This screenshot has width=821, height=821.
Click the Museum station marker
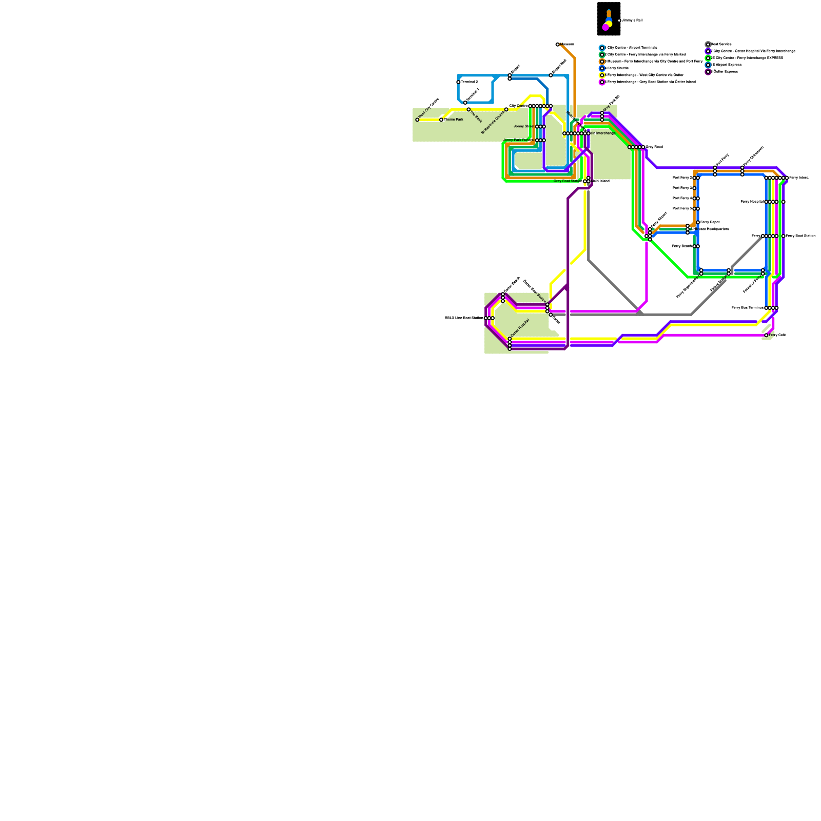557,45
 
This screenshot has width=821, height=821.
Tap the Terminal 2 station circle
458,82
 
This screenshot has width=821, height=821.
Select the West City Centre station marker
417,120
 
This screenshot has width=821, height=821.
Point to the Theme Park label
454,120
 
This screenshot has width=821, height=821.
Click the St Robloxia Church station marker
506,109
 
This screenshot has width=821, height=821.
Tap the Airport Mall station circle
551,75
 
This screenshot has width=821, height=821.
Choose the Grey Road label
654,147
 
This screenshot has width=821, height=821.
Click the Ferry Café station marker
766,335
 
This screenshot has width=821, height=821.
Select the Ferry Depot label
710,222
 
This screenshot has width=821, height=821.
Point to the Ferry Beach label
682,246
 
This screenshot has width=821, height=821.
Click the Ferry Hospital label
752,202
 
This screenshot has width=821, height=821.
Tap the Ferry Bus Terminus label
747,308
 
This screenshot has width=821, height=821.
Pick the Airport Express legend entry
726,65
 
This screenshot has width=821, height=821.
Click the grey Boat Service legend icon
708,45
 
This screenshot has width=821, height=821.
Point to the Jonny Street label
524,126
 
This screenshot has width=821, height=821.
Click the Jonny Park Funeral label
519,140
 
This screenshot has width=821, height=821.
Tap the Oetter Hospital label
520,328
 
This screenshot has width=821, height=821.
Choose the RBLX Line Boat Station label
464,318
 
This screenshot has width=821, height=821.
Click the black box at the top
609,19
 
